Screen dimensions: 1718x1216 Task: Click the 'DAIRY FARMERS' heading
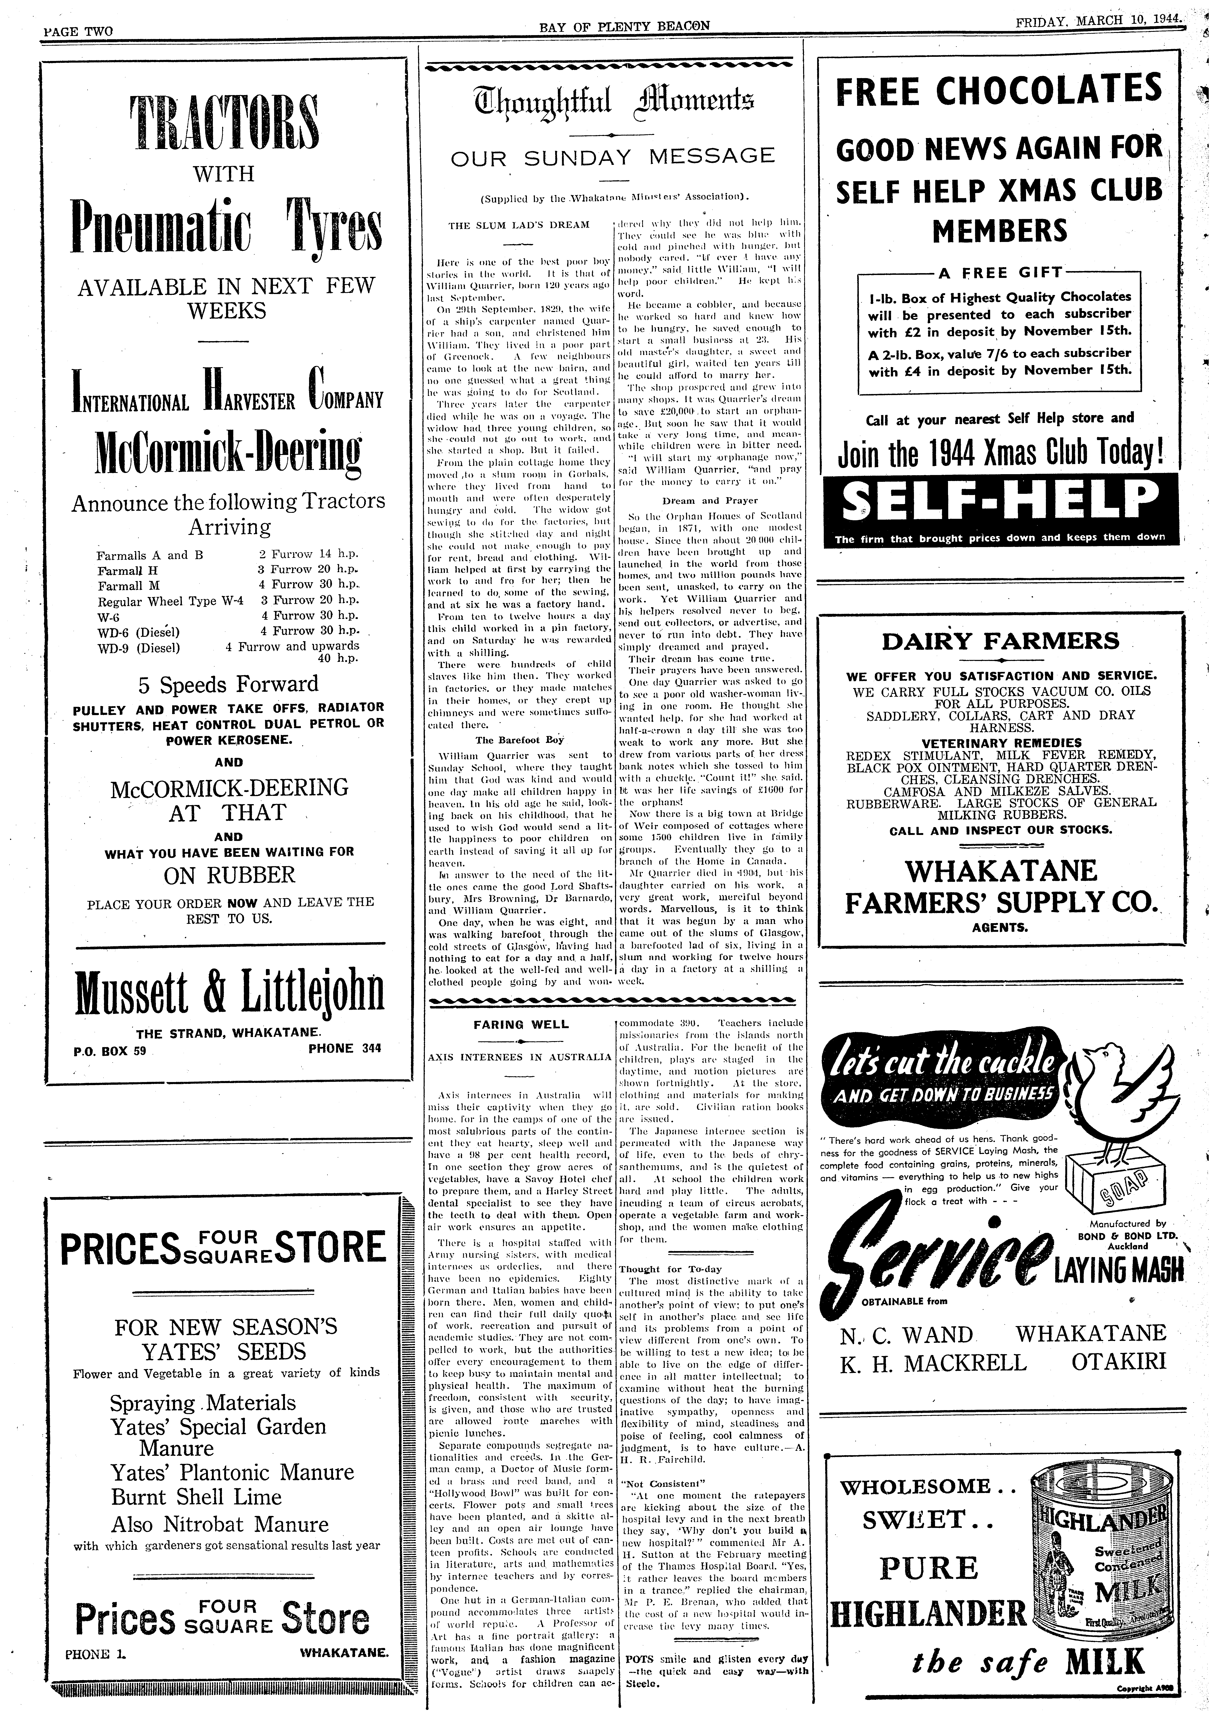(x=1000, y=641)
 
